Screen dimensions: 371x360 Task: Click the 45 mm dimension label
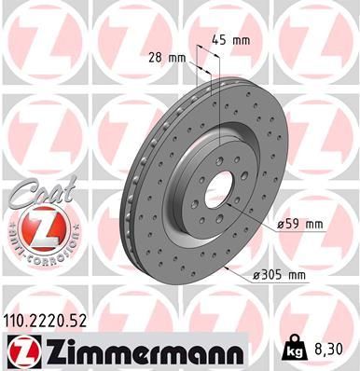pos(231,39)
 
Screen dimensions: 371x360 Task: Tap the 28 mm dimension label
pos(168,58)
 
